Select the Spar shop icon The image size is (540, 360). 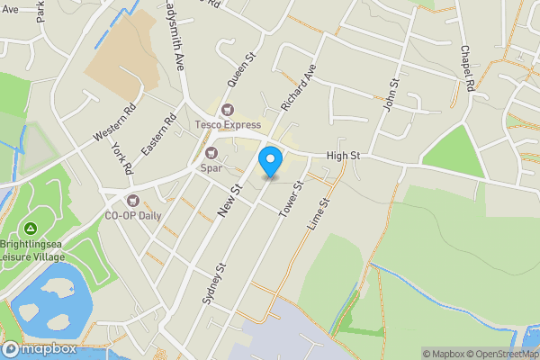211,153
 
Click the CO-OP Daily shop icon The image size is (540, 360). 134,201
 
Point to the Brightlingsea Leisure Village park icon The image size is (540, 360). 31,229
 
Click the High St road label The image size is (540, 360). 343,156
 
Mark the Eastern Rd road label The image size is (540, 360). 158,132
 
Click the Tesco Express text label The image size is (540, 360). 228,125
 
